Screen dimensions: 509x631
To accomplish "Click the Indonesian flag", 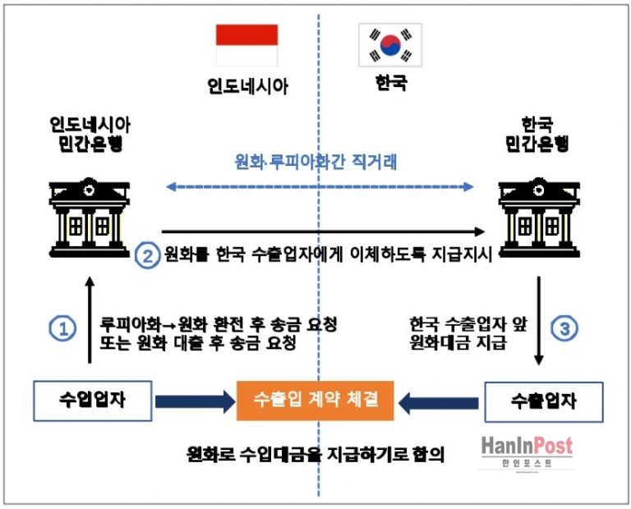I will point(246,44).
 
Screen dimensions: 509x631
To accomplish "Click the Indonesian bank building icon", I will point(88,206).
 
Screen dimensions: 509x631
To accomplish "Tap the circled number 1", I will point(62,328).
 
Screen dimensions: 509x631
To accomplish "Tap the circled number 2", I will point(146,255).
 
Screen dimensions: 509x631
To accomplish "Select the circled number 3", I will point(565,328).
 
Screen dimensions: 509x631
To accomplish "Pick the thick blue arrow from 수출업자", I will point(440,401).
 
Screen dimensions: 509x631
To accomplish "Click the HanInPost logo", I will point(526,452).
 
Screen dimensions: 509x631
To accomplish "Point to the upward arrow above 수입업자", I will point(90,321).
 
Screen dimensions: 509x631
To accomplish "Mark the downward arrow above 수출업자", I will point(538,321).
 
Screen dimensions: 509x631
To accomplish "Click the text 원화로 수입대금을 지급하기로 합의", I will point(315,454).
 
